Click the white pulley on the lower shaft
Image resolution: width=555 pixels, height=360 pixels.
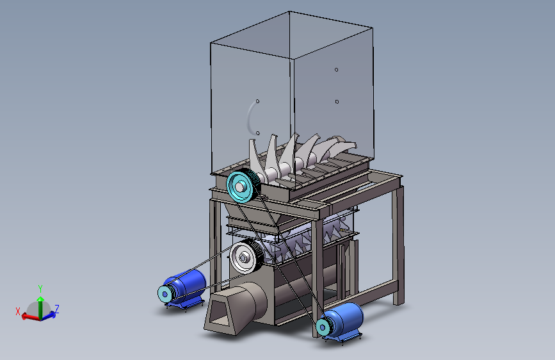coord(245,258)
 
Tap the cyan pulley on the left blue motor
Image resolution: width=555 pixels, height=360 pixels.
coord(165,294)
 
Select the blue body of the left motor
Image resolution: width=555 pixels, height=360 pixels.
coord(189,284)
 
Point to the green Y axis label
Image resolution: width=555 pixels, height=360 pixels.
coord(40,288)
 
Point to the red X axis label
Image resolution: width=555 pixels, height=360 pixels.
coord(18,311)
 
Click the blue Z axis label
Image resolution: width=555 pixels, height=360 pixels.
coord(56,309)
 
